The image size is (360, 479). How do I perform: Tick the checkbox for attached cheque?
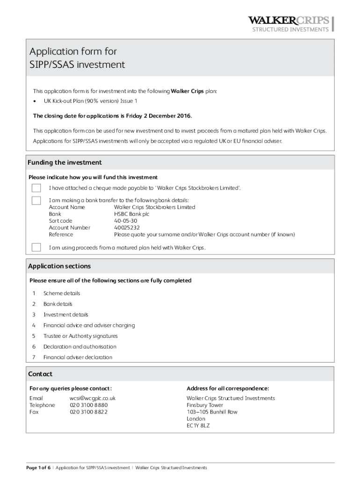[36, 188]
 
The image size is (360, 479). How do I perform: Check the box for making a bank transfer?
[36, 201]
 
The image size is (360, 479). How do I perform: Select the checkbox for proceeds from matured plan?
[36, 247]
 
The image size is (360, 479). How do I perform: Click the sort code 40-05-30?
[125, 221]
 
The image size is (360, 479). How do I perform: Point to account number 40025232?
[126, 228]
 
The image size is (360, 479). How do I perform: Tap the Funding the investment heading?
[65, 163]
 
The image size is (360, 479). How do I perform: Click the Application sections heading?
[59, 266]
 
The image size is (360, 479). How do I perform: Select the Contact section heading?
[40, 374]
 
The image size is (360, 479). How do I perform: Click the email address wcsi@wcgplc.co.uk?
[93, 398]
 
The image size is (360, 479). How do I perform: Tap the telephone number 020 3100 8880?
[88, 405]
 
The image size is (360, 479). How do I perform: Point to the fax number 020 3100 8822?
[88, 412]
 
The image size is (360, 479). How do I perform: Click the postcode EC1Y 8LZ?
[198, 426]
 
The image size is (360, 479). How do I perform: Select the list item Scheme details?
[62, 293]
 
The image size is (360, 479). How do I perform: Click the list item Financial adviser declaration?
[78, 357]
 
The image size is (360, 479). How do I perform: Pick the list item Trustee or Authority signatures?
[80, 336]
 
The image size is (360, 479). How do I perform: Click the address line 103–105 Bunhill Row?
[212, 412]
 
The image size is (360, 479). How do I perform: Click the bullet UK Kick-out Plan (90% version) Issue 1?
[91, 101]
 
